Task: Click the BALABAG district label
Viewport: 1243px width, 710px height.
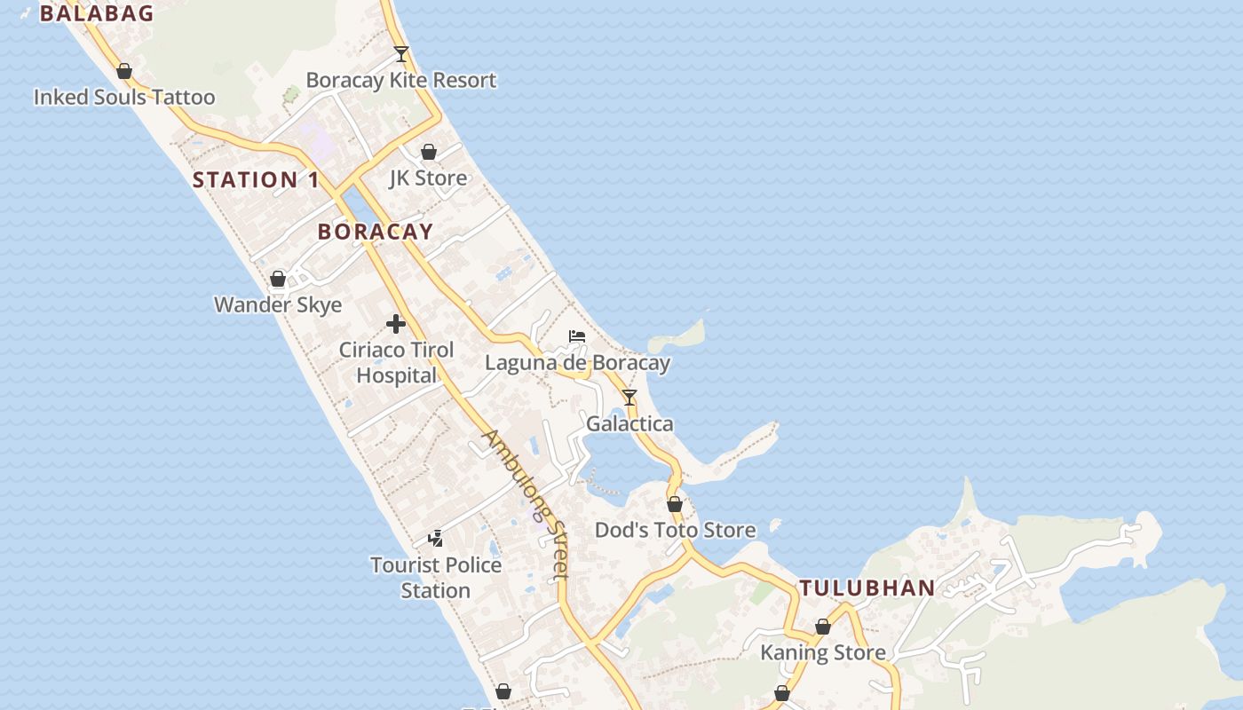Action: click(97, 13)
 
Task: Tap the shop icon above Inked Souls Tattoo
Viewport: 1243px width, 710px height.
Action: click(124, 71)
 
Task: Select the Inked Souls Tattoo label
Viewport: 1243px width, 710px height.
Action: click(124, 98)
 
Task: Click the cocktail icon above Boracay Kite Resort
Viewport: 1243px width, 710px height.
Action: click(401, 54)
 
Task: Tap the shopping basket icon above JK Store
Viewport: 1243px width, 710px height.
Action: click(429, 152)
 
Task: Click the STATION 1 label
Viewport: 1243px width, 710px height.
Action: click(256, 180)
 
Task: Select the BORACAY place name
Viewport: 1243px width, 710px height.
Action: click(376, 232)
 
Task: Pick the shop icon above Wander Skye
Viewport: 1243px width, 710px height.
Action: click(278, 279)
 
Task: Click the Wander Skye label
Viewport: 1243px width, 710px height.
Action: click(278, 305)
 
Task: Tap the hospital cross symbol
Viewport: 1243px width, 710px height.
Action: click(396, 324)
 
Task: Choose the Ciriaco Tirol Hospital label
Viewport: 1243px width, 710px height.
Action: click(396, 362)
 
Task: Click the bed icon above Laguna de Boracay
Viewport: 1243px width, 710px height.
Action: click(577, 336)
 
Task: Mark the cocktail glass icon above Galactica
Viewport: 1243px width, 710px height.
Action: click(629, 397)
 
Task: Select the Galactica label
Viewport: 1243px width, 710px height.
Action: click(629, 424)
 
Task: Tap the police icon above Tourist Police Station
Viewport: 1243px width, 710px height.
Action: click(436, 538)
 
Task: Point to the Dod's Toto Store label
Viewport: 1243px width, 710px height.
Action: click(675, 531)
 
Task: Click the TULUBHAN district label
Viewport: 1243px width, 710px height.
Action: click(867, 588)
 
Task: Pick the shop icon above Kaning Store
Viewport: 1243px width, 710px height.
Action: click(823, 627)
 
